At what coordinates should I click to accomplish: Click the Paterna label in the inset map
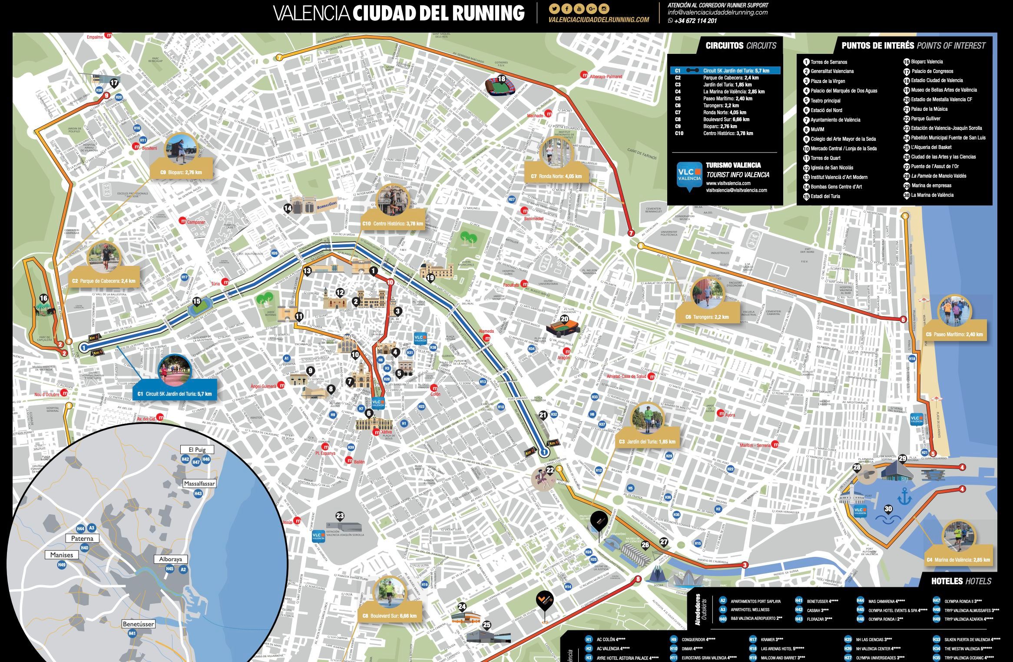tap(82, 538)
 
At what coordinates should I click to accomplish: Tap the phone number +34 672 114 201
tap(695, 21)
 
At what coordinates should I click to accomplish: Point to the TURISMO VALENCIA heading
tap(733, 165)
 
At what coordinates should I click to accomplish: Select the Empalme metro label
tap(95, 37)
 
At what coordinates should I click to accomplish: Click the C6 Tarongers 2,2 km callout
tap(707, 317)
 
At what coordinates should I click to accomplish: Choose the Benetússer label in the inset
tap(139, 624)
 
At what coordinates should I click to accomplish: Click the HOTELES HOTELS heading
tap(961, 581)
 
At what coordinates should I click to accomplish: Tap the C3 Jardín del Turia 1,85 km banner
tap(647, 442)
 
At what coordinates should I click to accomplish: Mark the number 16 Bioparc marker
tap(43, 298)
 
